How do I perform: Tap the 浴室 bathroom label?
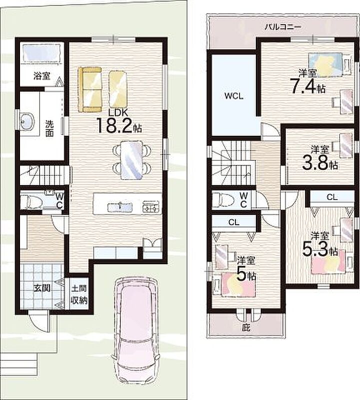coord(42,76)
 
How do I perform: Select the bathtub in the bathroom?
coord(41,53)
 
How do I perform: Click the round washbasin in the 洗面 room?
coord(27,121)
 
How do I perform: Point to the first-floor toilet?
coord(30,201)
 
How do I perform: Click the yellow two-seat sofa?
coord(90,89)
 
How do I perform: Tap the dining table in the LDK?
coord(131,160)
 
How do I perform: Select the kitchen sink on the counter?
coord(120,207)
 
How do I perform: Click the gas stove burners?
coord(151,206)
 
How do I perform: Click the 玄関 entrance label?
coord(42,288)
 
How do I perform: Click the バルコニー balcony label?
coord(282,26)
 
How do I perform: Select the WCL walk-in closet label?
coord(233,96)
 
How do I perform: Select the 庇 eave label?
coord(245,327)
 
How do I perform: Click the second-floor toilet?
coord(222,199)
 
